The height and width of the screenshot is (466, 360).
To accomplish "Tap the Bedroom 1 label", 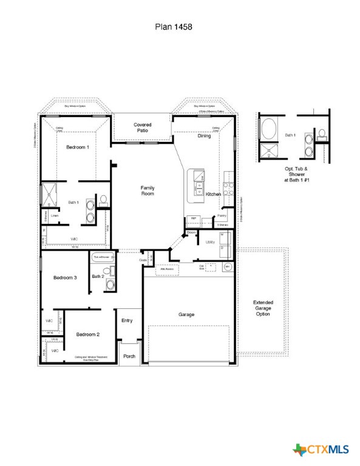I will coord(77,147).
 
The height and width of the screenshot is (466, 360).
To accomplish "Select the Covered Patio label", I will coord(143,127).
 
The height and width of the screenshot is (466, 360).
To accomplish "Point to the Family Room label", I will coord(148,191).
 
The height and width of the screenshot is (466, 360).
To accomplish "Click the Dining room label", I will coord(205,136).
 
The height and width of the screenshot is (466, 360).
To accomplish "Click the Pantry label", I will coord(222,216).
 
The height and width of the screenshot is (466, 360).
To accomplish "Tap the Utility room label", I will coord(211,241).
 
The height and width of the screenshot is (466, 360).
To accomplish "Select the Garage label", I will coord(186,314).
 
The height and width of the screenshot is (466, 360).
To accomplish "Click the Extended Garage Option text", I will coord(263,308).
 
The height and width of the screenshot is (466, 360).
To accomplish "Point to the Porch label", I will coord(129,356).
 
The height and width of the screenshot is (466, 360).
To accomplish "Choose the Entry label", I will coord(127,320).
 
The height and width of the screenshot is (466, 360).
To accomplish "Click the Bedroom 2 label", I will coord(87,334).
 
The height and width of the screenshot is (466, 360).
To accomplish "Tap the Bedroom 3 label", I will coord(65,277).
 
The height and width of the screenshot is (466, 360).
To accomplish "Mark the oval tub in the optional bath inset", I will coord(268,129).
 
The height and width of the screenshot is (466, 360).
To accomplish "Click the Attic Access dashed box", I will coord(168,269).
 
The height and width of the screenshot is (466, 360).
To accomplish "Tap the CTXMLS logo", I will coord(321,450).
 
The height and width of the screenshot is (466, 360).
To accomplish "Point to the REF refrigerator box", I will coord(194,218).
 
